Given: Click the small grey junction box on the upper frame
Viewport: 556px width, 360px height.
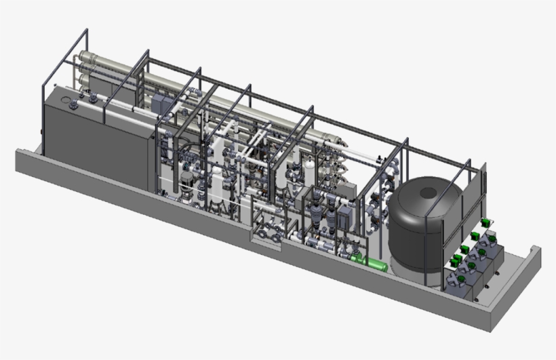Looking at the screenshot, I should point(160,103).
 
